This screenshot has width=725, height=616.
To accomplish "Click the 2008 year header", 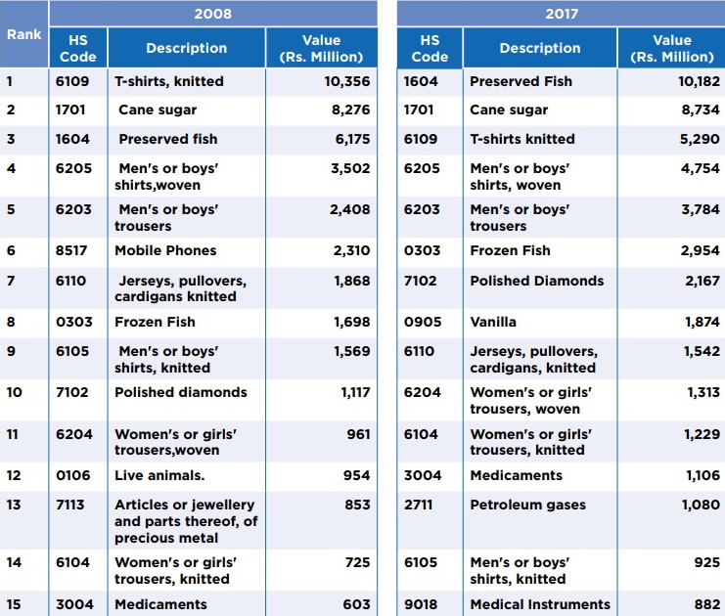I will point(212,14).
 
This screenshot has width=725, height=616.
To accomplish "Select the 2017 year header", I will point(561,14).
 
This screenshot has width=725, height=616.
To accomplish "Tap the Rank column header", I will point(23,34).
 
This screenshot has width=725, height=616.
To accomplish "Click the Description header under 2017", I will point(539,48).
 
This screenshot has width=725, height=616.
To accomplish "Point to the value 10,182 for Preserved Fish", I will point(699,81).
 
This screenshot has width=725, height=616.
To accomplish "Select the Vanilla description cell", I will point(493,322).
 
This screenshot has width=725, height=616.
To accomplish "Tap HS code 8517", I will point(71,250).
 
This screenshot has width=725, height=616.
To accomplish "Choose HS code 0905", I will point(422,322).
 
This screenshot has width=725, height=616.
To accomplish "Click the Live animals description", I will point(159,475).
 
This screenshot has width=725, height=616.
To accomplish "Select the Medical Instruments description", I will point(540,604).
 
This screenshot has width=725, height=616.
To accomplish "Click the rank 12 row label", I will point(14,475).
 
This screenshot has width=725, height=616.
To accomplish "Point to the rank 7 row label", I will point(11,281).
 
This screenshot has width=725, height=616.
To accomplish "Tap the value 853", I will point(357,505).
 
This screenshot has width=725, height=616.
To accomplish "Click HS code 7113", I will point(71,505).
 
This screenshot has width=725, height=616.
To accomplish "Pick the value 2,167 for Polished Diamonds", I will point(702,281).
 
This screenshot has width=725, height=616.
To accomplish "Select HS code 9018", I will point(422,604).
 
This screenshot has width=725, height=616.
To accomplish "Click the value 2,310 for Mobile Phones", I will point(351,250).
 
